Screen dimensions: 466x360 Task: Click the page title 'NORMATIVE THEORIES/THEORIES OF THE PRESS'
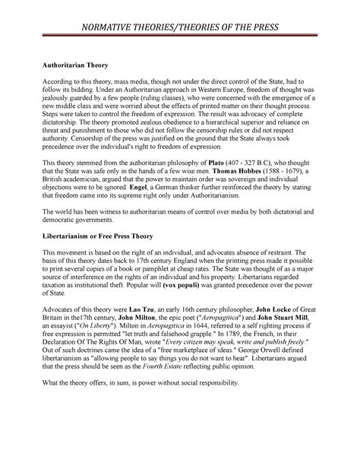[x=180, y=28]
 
